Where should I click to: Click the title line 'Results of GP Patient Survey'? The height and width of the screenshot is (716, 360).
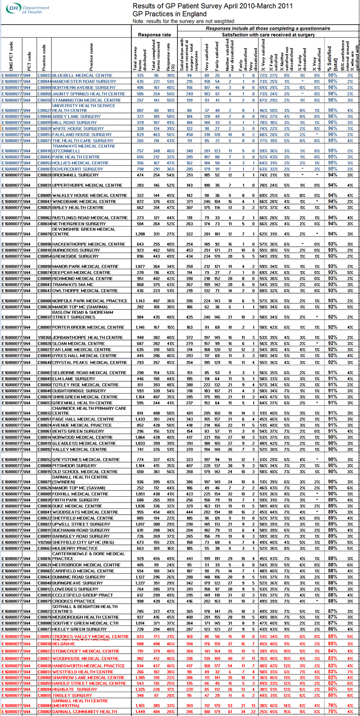tap(212, 6)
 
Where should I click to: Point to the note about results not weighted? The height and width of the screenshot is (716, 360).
tap(183, 21)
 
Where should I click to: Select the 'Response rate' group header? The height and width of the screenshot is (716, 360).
tap(154, 35)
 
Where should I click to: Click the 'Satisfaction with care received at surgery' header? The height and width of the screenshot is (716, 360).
tap(268, 35)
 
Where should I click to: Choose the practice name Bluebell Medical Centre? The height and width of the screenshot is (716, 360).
tap(82, 76)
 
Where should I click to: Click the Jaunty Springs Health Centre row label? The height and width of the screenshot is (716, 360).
tap(89, 94)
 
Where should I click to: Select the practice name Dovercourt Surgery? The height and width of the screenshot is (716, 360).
tap(77, 169)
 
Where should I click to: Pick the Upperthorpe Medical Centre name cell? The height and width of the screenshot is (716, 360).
tap(87, 185)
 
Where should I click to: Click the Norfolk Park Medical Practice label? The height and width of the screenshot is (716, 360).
tap(90, 301)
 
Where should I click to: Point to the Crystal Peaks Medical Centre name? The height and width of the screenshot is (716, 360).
tap(90, 363)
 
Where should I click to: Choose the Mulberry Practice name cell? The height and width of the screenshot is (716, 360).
tap(75, 548)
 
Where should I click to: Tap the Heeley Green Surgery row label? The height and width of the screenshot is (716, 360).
tap(80, 629)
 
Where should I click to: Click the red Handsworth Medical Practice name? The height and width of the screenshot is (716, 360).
tap(89, 666)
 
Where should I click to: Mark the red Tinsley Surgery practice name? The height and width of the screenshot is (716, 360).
tap(72, 695)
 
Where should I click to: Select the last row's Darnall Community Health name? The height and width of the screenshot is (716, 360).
tap(85, 712)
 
